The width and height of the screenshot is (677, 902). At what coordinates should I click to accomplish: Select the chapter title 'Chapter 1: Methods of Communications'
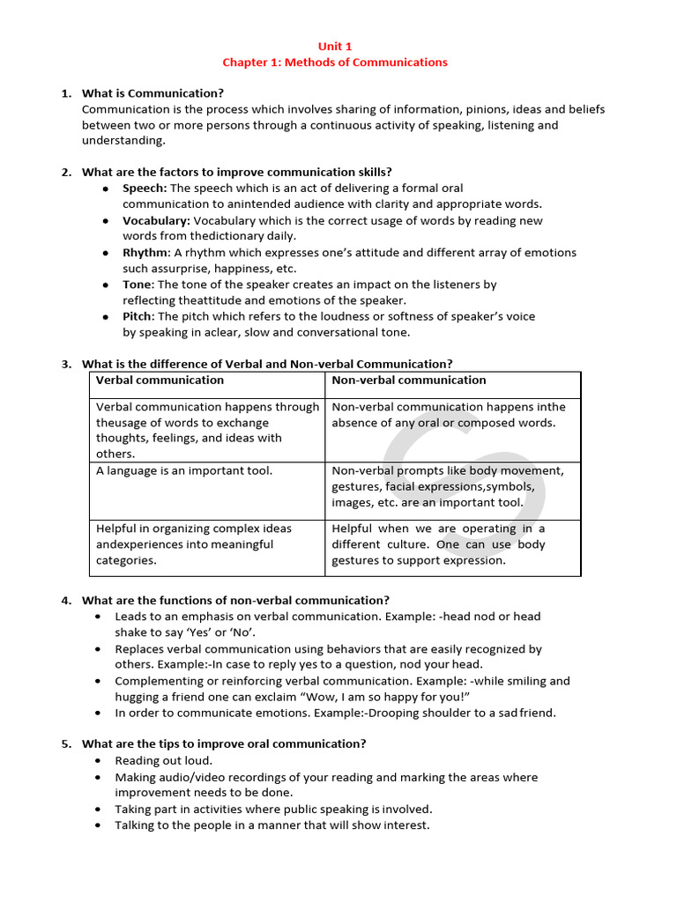click(334, 63)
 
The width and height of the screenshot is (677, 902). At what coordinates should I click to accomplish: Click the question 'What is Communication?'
click(153, 93)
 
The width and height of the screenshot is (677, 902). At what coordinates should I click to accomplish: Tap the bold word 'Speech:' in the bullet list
click(145, 189)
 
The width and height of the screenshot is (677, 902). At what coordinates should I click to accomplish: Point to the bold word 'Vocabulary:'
click(156, 220)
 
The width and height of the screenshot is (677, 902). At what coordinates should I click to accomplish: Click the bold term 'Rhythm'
click(145, 253)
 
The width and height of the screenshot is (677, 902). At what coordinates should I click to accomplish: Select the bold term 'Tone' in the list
click(137, 285)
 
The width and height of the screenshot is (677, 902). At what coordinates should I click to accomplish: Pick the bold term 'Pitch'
click(137, 316)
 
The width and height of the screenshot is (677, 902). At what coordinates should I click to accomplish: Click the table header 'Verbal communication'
click(160, 381)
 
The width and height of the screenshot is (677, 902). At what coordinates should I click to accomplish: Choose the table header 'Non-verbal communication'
click(408, 381)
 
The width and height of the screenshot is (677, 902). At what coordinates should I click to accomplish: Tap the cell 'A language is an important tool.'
click(184, 471)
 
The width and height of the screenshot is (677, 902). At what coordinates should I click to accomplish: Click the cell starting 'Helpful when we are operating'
click(438, 544)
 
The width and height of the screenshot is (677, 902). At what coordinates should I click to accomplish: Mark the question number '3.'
click(66, 364)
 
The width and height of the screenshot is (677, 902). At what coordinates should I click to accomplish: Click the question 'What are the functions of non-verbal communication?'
click(235, 601)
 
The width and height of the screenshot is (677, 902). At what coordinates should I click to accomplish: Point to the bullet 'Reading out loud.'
click(163, 760)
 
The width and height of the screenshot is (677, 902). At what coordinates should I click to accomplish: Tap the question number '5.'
click(66, 744)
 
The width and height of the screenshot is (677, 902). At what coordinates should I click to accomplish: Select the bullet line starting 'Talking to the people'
click(272, 825)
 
